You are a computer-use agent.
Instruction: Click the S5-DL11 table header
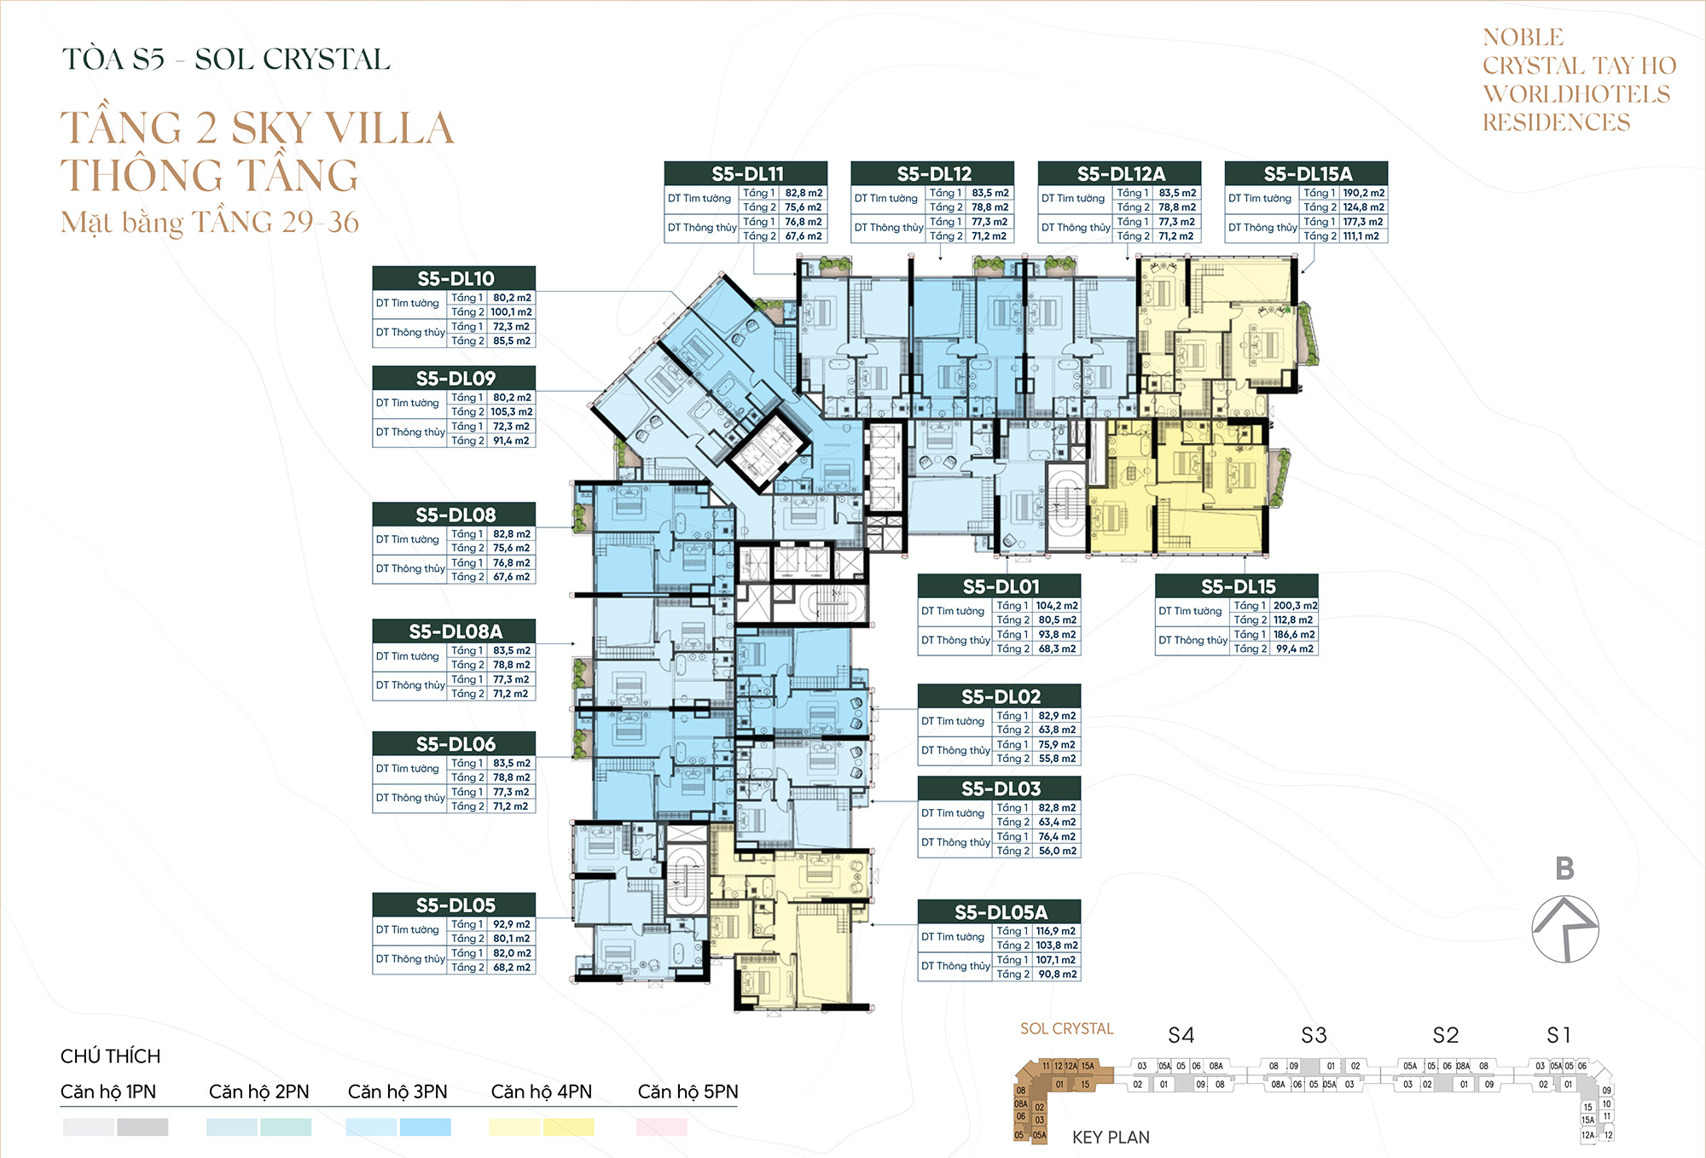(746, 173)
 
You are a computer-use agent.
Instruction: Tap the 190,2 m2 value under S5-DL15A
(1363, 193)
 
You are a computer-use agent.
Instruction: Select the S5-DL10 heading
(455, 278)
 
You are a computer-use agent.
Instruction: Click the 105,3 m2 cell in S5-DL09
(511, 411)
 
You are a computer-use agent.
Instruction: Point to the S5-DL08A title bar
(455, 631)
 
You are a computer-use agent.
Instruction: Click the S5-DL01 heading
(1000, 586)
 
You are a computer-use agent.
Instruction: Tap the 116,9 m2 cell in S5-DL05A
(1056, 931)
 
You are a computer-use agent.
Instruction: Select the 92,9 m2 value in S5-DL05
(511, 924)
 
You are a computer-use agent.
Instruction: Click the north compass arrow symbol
(1565, 929)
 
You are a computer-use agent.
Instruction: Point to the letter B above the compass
(1564, 869)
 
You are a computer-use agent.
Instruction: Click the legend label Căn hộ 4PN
(541, 1091)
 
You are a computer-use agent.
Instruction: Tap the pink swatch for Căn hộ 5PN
(661, 1127)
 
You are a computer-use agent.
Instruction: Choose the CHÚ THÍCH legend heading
(110, 1056)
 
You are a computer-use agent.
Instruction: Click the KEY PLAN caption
(1111, 1138)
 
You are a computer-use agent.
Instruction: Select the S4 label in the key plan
(1181, 1036)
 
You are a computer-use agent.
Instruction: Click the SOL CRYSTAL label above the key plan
(1066, 1029)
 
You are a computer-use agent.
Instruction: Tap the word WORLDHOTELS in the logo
(1576, 94)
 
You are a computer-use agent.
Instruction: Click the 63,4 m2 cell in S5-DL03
(1057, 822)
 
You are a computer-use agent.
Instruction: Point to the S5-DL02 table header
(1000, 696)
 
